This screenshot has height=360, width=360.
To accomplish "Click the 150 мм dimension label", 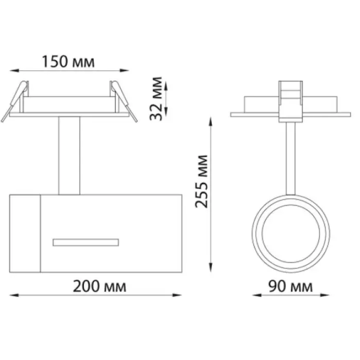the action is pos(68,62).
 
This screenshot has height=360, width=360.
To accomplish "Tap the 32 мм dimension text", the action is pos(156,99).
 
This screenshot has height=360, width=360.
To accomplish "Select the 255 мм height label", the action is pos(202,182).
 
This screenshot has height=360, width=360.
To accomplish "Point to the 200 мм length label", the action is pos(99,286).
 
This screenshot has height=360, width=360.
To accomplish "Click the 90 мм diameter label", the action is pos(291,286).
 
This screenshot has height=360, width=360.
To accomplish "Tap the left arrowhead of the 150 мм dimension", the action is pos(14,70).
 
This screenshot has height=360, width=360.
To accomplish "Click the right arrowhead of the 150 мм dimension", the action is pos(124,70).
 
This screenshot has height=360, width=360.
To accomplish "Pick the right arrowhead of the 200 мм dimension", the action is pos(177,295).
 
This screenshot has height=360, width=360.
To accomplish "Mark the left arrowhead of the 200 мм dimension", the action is pos(14,295).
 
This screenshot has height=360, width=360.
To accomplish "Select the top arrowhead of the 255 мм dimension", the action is pos(210,121).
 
